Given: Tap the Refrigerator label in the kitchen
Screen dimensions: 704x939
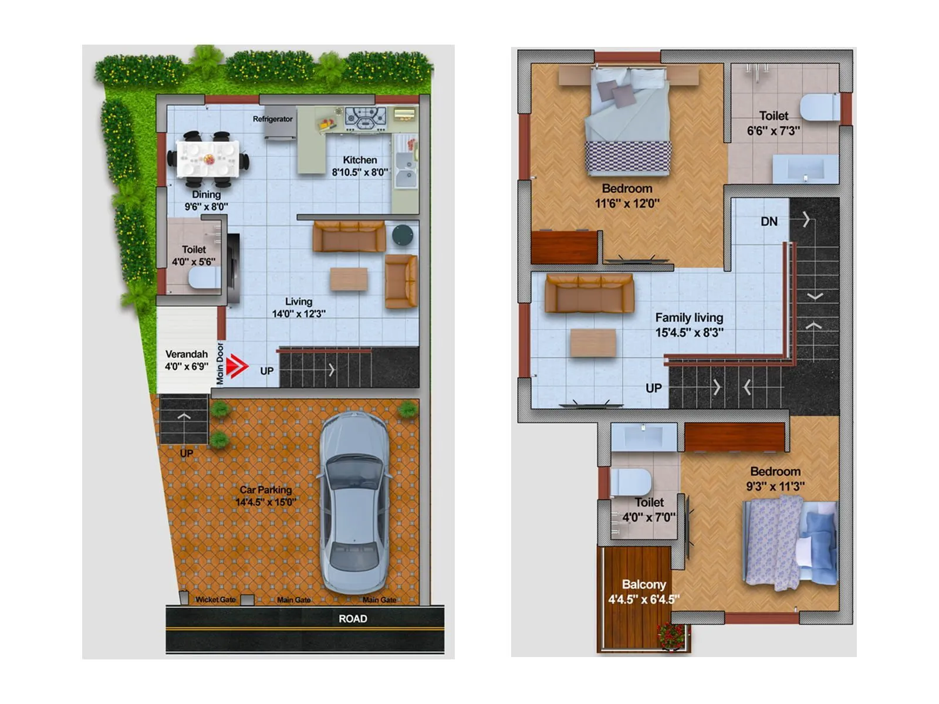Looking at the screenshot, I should (x=272, y=119).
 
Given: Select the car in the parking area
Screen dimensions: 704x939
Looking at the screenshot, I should (x=354, y=502).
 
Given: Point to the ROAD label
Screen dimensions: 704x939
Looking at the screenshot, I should (x=353, y=618).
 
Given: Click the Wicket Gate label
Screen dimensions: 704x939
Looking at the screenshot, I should (x=215, y=600).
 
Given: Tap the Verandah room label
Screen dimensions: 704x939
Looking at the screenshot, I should (x=186, y=354).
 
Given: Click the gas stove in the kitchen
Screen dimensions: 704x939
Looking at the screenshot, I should (x=365, y=117).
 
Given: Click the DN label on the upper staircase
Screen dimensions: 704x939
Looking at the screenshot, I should (x=769, y=222).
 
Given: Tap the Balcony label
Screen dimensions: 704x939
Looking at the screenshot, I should (x=644, y=585).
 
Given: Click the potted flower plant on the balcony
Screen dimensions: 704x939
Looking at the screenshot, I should (x=670, y=636).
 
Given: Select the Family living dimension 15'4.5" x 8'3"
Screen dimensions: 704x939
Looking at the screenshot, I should (x=689, y=333).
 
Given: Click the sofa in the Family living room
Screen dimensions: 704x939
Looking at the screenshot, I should (x=589, y=293).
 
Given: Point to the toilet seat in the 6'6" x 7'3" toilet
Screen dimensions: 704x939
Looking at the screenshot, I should (x=819, y=108).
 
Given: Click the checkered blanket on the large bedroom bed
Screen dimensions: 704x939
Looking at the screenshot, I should (x=627, y=157).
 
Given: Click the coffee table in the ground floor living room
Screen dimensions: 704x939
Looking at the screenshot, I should (x=349, y=279).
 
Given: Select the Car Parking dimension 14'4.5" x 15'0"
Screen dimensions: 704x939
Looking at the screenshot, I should (x=265, y=502).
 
